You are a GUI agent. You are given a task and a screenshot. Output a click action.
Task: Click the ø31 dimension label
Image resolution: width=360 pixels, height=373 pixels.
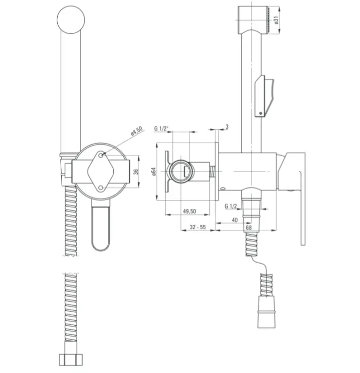[276, 20]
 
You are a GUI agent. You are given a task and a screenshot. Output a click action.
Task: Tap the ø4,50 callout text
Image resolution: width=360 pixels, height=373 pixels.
[137, 131]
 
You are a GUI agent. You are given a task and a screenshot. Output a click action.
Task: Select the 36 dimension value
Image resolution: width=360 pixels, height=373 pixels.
[136, 172]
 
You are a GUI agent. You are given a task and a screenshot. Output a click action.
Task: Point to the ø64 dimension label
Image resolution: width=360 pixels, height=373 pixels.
[154, 172]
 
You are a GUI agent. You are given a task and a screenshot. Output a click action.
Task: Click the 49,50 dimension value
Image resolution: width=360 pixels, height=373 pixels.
[189, 211]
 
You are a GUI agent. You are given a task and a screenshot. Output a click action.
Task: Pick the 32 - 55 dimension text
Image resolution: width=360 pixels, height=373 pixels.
[197, 227]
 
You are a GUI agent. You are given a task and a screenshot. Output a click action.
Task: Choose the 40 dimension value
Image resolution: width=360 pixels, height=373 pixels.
[235, 220]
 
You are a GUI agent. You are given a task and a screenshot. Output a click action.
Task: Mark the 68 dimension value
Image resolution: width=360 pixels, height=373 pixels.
[249, 228]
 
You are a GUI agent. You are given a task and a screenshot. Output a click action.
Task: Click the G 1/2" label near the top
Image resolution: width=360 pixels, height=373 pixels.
[161, 128]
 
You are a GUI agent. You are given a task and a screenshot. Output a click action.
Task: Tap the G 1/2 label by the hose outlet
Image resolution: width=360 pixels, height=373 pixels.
[231, 206]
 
